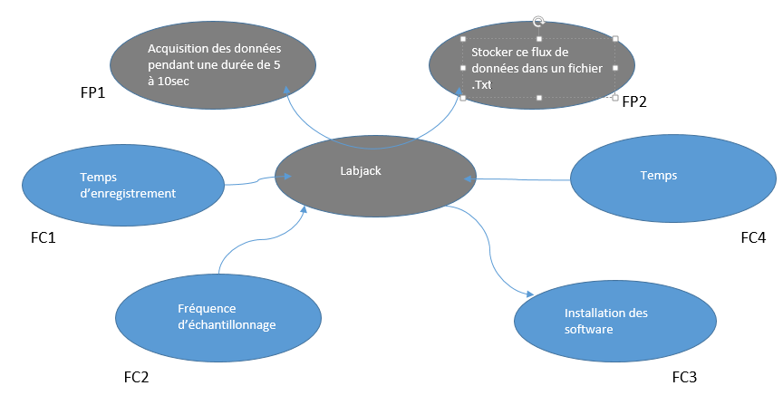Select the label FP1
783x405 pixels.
pos(93,93)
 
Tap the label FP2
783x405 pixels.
pos(634,101)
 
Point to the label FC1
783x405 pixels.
pos(44,238)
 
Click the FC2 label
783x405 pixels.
pos(135,377)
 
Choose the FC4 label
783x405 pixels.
pos(752,238)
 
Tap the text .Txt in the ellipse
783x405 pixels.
pos(481,85)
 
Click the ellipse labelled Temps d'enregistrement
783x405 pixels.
pos(121,185)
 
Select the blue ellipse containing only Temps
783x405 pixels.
pos(673,177)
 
